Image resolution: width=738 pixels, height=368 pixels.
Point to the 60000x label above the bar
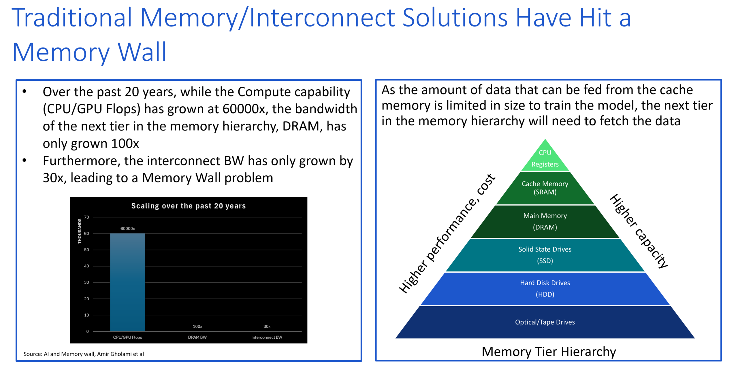(127, 228)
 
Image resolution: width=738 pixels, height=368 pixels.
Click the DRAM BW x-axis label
(197, 337)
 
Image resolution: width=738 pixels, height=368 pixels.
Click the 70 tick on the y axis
(86, 217)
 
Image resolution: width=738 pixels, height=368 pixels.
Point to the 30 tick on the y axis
(86, 282)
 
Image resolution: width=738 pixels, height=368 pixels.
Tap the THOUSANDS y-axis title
(80, 231)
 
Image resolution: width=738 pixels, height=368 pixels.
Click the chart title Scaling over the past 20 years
(188, 206)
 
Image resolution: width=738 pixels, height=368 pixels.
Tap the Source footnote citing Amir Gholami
(84, 354)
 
